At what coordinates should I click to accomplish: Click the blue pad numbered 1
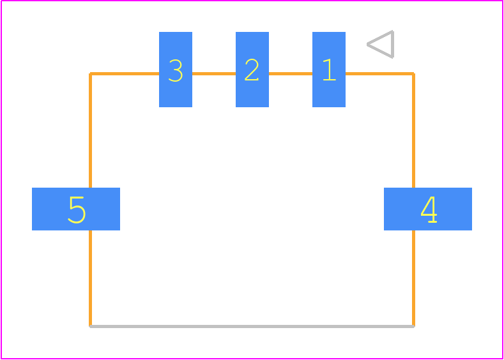pos(329,70)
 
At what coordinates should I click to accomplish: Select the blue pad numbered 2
pos(252,70)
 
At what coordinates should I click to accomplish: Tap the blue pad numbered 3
pos(176,70)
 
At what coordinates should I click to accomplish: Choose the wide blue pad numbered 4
pos(428,209)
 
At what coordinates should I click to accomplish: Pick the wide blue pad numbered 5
pos(76,209)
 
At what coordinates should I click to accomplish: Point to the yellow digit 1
pos(330,70)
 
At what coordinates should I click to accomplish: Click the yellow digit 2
pos(252,70)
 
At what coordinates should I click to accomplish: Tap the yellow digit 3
pos(176,70)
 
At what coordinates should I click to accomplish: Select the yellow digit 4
pos(429,209)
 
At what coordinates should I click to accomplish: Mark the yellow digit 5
pos(77,210)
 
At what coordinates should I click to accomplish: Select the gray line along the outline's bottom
pos(252,327)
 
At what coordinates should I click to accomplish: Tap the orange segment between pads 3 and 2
pos(214,74)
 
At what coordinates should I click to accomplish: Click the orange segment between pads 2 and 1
pos(291,74)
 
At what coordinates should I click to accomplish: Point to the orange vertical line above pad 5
pos(90,130)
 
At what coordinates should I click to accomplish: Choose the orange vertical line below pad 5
pos(90,278)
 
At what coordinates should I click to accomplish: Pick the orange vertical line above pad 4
pos(413,130)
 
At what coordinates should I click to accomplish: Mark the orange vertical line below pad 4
pos(413,278)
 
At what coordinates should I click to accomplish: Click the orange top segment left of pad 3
pos(125,74)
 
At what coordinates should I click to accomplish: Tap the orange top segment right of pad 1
pos(379,74)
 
